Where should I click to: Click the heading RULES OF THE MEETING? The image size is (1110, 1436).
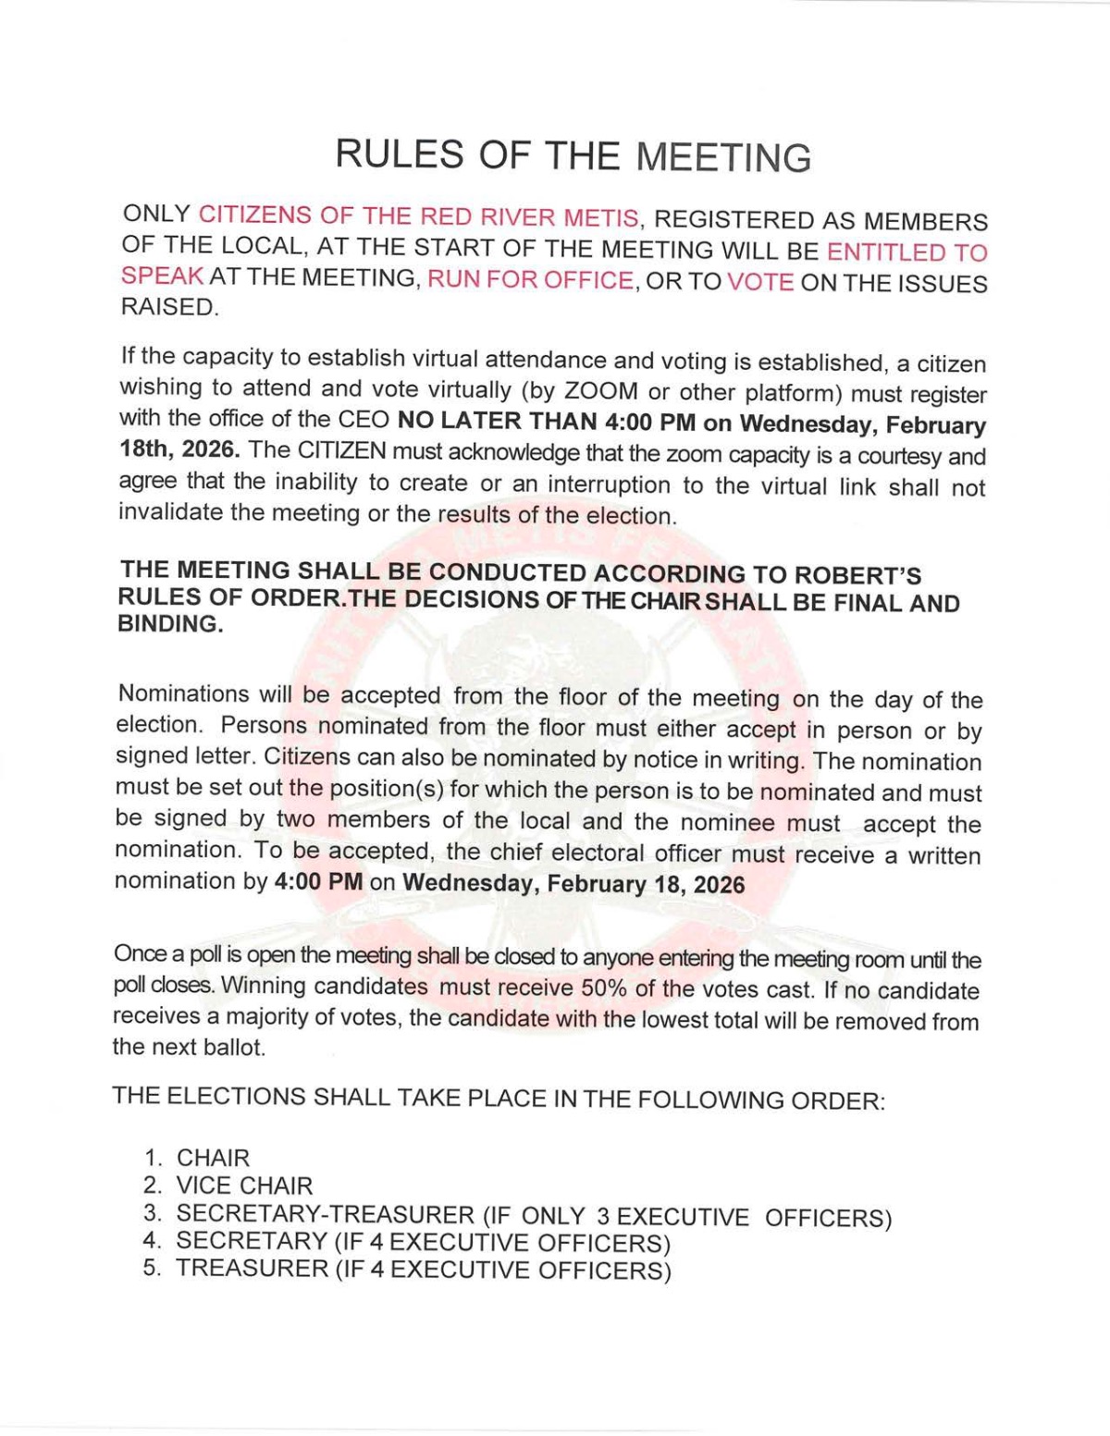click(x=573, y=155)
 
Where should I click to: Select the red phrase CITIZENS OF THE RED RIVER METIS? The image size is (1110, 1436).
click(x=418, y=217)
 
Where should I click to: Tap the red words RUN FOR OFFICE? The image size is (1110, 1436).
click(x=530, y=280)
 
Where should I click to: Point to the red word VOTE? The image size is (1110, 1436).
click(x=760, y=282)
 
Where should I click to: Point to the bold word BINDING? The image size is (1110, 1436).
click(x=171, y=624)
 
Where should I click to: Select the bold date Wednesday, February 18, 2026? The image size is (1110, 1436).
click(x=573, y=883)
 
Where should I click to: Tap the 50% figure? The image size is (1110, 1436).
click(x=605, y=988)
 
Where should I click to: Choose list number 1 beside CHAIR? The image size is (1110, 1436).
click(x=154, y=1158)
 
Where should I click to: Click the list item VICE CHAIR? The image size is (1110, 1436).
click(x=244, y=1185)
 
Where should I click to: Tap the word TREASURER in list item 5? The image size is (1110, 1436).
click(x=252, y=1268)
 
